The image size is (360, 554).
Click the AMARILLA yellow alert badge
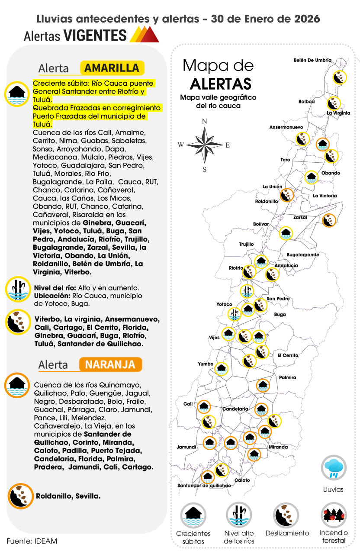click(x=112, y=68)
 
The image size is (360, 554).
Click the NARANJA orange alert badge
click(x=110, y=364)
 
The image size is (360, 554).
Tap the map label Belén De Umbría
click(x=312, y=60)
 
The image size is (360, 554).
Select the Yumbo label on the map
click(x=206, y=364)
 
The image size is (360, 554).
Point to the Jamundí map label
click(x=187, y=447)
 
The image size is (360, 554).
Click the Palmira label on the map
click(x=287, y=377)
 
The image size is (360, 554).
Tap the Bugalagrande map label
click(x=303, y=254)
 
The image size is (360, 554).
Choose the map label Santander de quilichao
click(x=204, y=485)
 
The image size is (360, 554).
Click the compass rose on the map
click(x=205, y=145)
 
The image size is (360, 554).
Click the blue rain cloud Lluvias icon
click(x=333, y=467)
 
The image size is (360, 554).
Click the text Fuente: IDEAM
click(x=32, y=541)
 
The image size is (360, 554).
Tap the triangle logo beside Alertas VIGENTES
click(x=145, y=35)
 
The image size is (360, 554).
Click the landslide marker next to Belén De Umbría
click(x=340, y=77)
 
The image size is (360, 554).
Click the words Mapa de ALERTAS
click(x=218, y=74)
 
